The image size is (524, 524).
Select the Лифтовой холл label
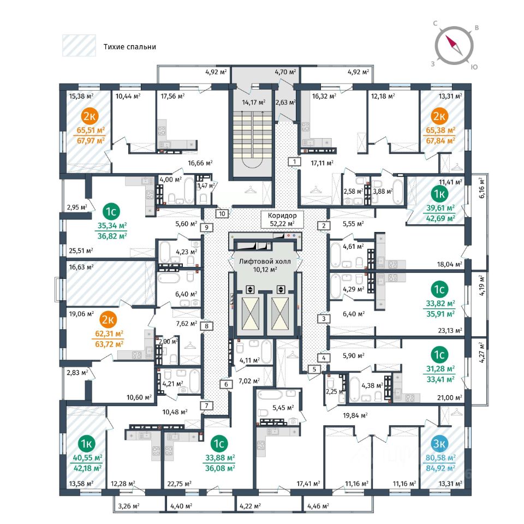265,261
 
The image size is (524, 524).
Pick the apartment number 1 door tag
294,162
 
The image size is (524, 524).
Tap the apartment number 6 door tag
225,384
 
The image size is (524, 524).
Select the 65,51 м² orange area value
90,130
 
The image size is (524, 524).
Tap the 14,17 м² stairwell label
254,102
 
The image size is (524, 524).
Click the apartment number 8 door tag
207,326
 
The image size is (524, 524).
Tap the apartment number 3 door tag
324,319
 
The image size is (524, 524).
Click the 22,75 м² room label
183,483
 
